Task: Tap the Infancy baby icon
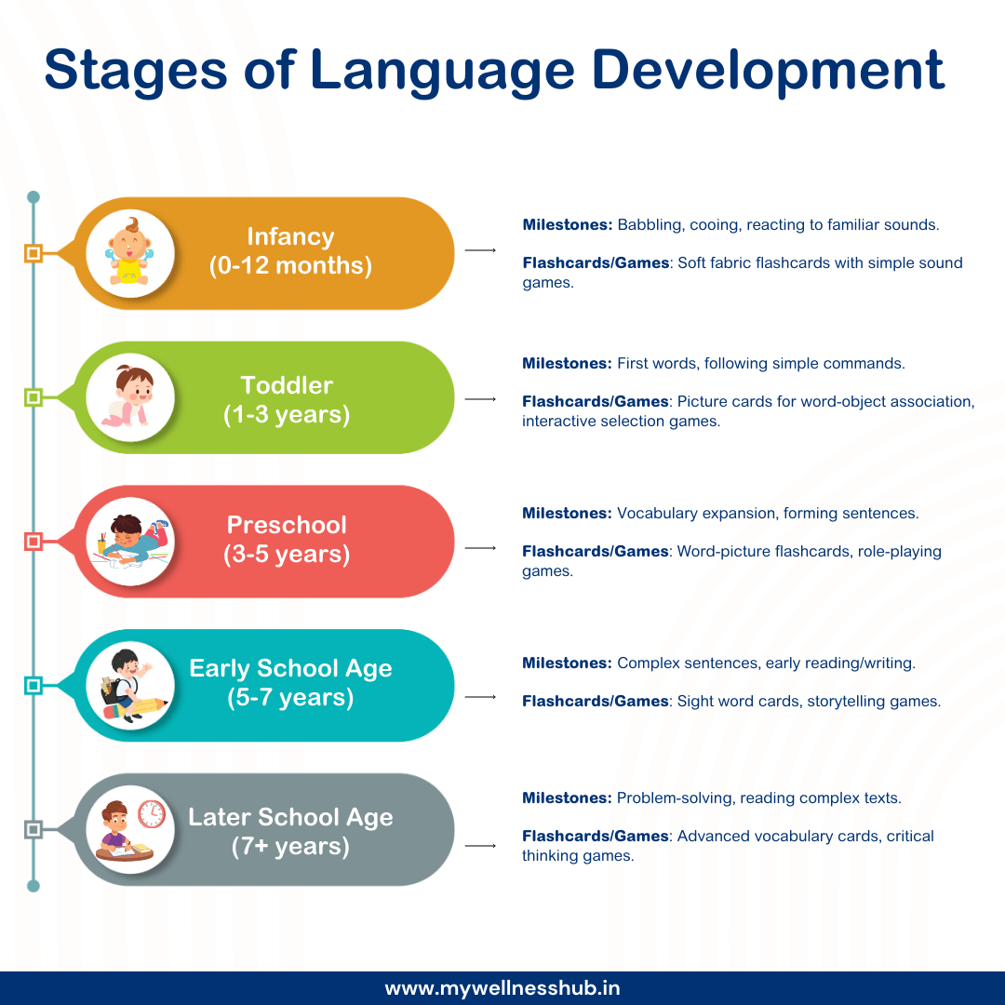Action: [130, 252]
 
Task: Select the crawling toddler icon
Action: [130, 397]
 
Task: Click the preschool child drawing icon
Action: [130, 542]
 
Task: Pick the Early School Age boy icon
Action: [130, 686]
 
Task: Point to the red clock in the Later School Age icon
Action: [151, 814]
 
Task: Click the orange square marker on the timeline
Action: [33, 253]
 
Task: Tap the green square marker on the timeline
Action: [33, 397]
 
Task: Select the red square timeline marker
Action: [33, 542]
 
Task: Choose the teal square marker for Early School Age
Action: [33, 686]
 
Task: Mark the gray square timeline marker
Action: [33, 829]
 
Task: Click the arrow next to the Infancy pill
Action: [480, 250]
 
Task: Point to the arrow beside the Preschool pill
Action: [480, 548]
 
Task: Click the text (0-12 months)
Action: [290, 266]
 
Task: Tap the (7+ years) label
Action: [290, 847]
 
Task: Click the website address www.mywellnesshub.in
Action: [502, 988]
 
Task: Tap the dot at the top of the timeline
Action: [33, 197]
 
